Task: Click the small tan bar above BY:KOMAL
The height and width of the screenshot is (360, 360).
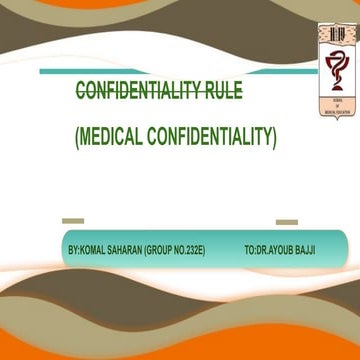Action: coord(72,221)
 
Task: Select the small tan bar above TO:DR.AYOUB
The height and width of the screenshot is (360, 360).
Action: coord(286,221)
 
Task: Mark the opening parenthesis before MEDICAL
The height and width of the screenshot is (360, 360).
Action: coord(78,135)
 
